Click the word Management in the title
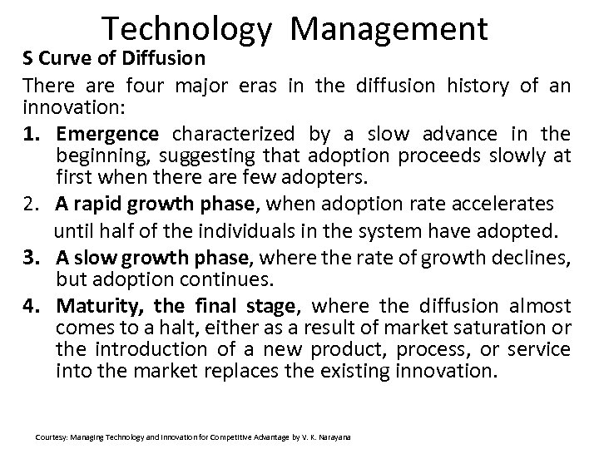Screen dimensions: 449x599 click(390, 29)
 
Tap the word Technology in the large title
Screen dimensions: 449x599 click(187, 29)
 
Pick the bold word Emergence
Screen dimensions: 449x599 click(107, 133)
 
